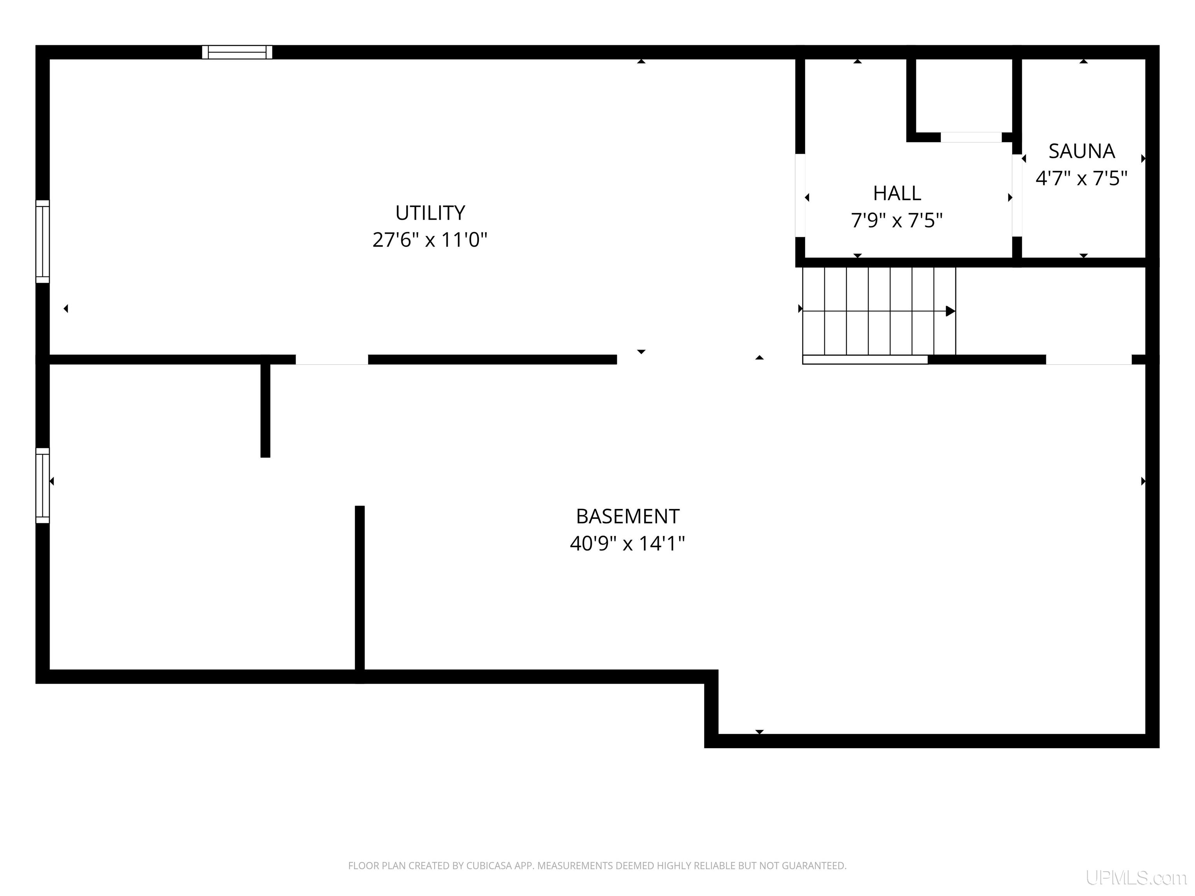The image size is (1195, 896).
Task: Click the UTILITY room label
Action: tap(430, 213)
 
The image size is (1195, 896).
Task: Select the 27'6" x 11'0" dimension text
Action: tap(430, 239)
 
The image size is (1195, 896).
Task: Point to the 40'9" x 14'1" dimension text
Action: tap(627, 543)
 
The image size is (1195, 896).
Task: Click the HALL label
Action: tap(897, 193)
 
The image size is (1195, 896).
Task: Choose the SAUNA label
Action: tap(1081, 151)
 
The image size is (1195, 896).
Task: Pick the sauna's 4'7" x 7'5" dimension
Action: tap(1081, 178)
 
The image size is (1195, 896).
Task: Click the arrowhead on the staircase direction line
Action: tap(950, 311)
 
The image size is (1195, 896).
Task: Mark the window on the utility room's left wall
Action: tap(43, 241)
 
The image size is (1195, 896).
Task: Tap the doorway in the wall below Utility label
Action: tap(332, 360)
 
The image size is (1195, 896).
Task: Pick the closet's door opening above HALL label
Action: tap(971, 137)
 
